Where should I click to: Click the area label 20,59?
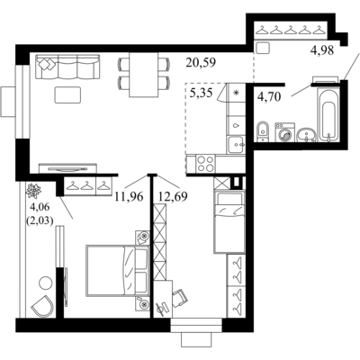click(201, 63)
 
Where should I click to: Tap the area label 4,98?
click(322, 51)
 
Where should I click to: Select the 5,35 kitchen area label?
click(202, 93)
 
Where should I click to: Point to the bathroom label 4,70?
click(269, 97)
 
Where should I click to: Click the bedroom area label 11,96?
click(129, 197)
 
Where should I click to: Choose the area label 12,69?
click(173, 197)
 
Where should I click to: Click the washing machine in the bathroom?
click(284, 131)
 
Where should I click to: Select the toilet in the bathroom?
click(263, 131)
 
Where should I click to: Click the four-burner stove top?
click(205, 164)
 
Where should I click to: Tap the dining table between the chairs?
click(144, 75)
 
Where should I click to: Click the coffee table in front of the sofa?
click(67, 94)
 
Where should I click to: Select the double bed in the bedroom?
click(118, 271)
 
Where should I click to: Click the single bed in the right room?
click(229, 222)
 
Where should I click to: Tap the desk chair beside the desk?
click(180, 298)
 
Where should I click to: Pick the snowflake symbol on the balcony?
click(33, 191)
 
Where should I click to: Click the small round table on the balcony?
click(46, 283)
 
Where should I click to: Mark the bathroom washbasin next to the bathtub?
click(306, 135)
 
